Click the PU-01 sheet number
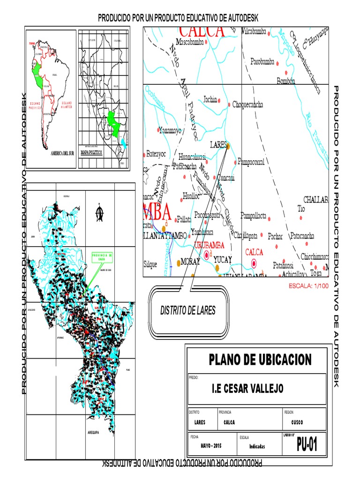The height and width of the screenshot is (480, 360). click(307, 444)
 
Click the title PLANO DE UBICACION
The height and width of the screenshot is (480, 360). click(260, 360)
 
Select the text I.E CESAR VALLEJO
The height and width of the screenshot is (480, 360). click(247, 388)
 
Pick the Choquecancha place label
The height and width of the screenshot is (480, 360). click(247, 105)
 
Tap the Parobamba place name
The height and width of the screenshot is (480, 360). click(262, 61)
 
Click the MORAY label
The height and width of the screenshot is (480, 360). click(191, 262)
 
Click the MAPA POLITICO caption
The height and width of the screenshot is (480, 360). click(91, 153)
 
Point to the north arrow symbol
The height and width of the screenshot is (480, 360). click(99, 213)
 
